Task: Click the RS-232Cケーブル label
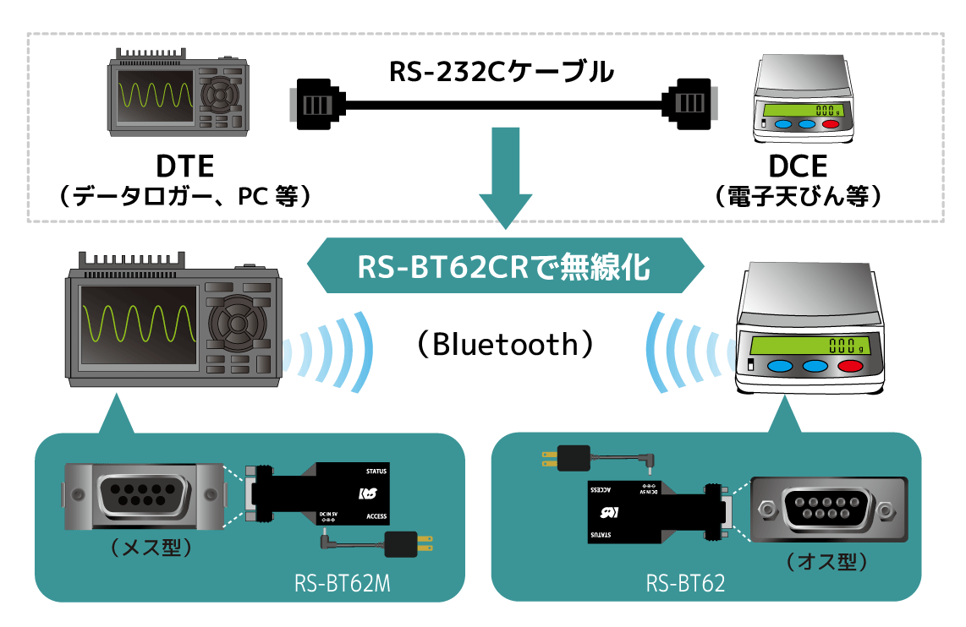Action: coord(501,73)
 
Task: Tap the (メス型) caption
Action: coord(151,548)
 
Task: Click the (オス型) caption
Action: coord(826,561)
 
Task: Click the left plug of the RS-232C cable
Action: coord(318,104)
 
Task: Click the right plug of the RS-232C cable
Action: coord(689,104)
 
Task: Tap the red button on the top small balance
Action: coord(830,124)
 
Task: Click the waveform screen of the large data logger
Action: coord(137,324)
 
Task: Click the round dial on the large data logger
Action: coord(237,323)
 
